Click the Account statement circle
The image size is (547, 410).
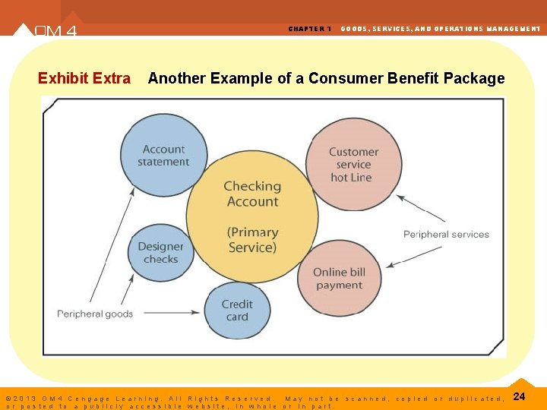click(x=163, y=156)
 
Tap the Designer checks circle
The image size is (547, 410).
click(x=160, y=253)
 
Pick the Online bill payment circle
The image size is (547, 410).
click(x=339, y=279)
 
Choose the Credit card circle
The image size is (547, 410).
click(x=237, y=310)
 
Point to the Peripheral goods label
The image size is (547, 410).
click(x=95, y=314)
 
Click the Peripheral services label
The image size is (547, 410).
click(x=446, y=234)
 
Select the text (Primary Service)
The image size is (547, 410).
click(x=252, y=240)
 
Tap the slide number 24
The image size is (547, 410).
click(x=520, y=396)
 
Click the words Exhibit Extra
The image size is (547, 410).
click(x=84, y=78)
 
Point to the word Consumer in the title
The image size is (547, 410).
click(x=342, y=78)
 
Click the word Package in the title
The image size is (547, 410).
click(x=476, y=78)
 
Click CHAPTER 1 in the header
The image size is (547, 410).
click(x=309, y=29)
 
